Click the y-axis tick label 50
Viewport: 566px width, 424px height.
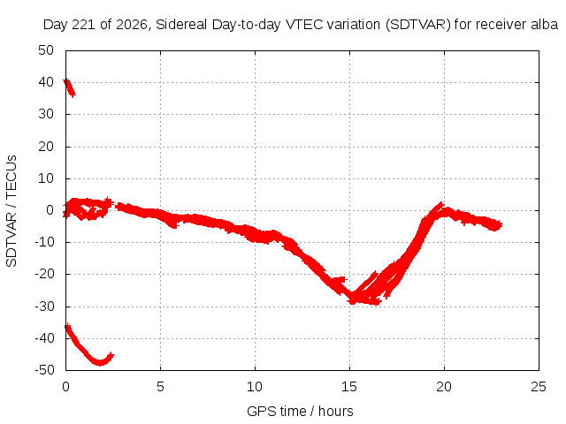pos(46,50)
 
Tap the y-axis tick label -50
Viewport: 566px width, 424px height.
pos(44,370)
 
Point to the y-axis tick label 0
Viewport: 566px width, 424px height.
pos(50,210)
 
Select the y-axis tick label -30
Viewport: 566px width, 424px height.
pos(44,307)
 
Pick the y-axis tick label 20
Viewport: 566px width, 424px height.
pos(46,147)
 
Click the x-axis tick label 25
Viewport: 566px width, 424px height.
pos(539,387)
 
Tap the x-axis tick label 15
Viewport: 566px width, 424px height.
pos(349,387)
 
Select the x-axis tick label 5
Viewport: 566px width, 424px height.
pos(160,387)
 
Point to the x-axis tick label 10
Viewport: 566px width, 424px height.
pos(255,387)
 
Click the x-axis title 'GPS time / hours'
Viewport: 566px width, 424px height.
pos(300,411)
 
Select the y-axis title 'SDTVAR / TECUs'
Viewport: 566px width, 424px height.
pos(11,211)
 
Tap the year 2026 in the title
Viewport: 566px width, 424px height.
pos(132,25)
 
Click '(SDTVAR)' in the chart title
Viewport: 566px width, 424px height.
pos(418,25)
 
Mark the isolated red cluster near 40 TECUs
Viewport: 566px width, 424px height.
pos(69,88)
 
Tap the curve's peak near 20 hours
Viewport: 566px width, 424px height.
pos(441,203)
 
